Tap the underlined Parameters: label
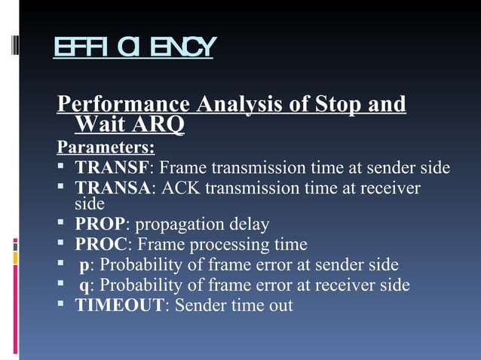106,145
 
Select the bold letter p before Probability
84,265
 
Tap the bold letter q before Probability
84,285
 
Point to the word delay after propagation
248,224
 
